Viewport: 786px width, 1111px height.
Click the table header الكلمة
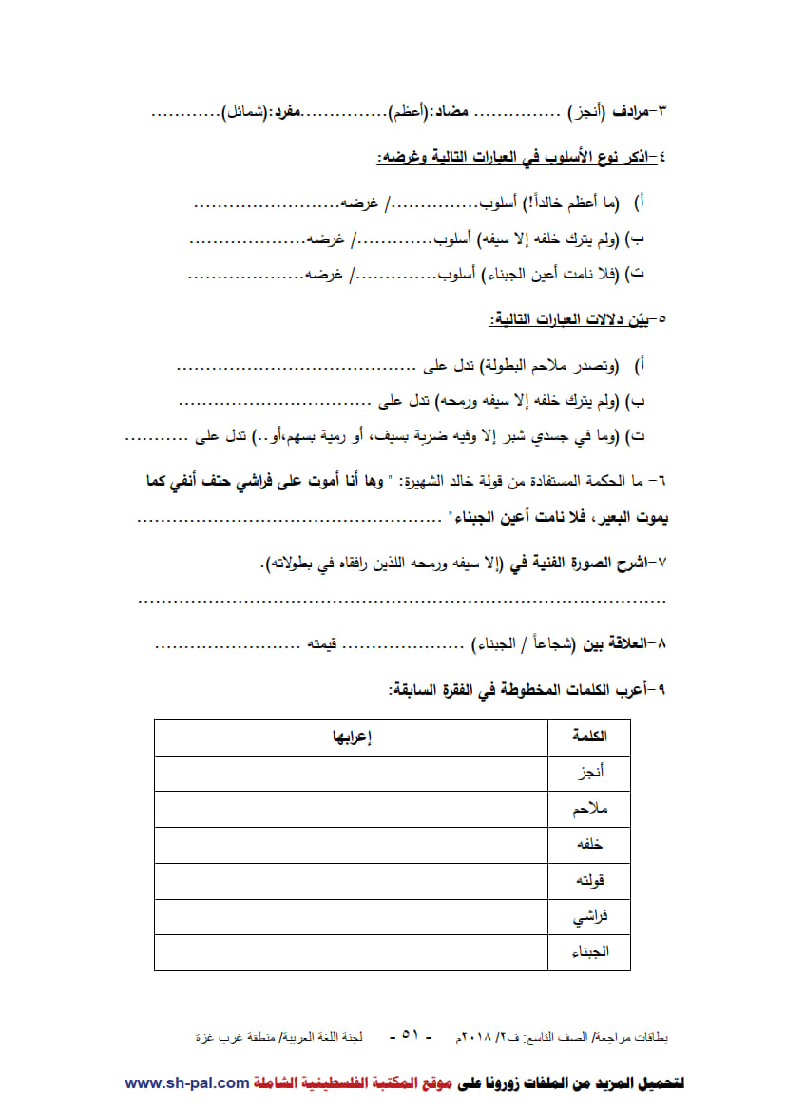click(589, 737)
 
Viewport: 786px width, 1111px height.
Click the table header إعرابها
click(351, 737)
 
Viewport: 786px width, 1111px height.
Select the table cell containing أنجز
click(589, 774)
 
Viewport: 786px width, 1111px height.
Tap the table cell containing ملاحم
click(589, 810)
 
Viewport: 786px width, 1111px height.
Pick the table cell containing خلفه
click(589, 845)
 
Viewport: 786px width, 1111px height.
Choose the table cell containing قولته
click(589, 881)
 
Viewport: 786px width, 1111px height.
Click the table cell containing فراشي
click(589, 917)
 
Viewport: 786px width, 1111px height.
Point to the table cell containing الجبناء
click(589, 952)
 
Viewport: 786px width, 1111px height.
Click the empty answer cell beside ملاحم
click(351, 810)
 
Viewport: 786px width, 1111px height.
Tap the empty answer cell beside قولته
click(351, 881)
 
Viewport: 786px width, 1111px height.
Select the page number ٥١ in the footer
click(411, 1035)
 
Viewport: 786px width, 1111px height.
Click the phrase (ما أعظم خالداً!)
click(570, 203)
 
